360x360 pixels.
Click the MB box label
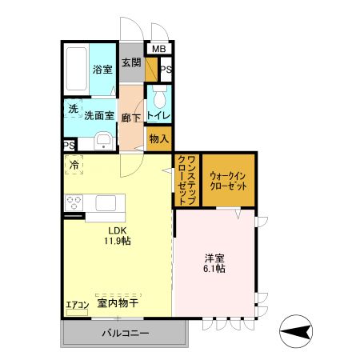coord(159,50)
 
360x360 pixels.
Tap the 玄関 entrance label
coord(131,62)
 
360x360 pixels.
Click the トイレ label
coord(158,117)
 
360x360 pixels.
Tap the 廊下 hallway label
coord(131,118)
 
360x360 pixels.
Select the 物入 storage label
coord(158,138)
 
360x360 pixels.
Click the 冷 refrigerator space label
coord(74,166)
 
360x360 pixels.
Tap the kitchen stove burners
coord(74,201)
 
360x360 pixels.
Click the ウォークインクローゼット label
coord(228,179)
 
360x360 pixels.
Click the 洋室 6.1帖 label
coord(214,263)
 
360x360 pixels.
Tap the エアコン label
coord(77,304)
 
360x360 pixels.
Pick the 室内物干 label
coord(118,303)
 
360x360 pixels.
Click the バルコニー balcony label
coord(125,334)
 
